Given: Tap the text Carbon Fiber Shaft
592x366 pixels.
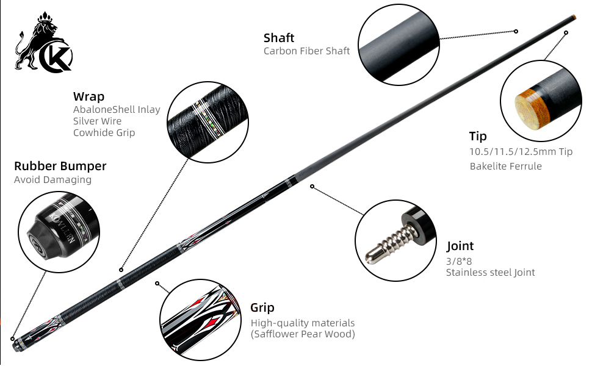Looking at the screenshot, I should [x=306, y=51].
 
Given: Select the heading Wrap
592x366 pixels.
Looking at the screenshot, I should [x=88, y=96].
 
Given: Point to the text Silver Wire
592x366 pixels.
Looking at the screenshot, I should [x=97, y=121].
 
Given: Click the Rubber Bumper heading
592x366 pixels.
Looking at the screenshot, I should [x=60, y=166].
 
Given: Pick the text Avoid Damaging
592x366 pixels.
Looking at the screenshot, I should [x=52, y=180].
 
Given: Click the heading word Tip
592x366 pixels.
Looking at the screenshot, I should [x=478, y=136].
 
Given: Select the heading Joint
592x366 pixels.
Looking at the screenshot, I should [x=460, y=246].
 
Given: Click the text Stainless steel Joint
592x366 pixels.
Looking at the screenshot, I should [x=490, y=272].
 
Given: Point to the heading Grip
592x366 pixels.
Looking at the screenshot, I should [x=262, y=307].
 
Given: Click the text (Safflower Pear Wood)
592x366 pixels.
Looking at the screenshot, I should [x=303, y=334].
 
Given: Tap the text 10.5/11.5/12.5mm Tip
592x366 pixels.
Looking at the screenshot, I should [x=521, y=152].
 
